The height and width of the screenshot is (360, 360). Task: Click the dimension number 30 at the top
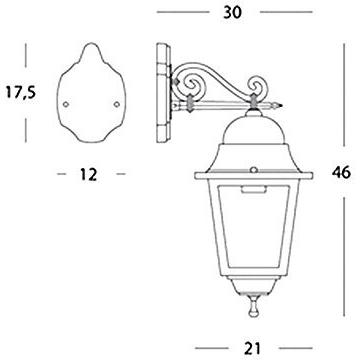tap(233, 12)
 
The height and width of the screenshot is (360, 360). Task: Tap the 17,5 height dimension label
tap(21, 92)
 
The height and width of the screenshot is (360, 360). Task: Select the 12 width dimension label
tap(88, 174)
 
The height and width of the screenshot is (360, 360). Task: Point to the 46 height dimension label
tap(341, 172)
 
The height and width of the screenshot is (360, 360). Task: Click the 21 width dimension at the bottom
tap(253, 348)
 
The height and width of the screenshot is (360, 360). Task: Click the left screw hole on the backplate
tap(66, 104)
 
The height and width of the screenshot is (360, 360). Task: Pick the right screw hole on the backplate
tap(116, 104)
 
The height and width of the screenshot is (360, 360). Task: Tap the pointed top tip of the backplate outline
tap(91, 43)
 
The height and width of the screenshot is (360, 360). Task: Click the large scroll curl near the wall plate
tap(190, 83)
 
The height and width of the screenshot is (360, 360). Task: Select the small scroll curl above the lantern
tap(257, 86)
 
